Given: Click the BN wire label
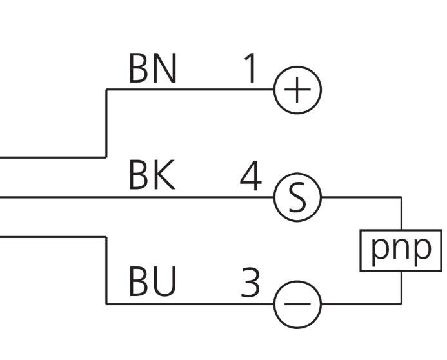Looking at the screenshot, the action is (x=153, y=68).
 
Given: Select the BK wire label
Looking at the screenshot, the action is (x=152, y=175).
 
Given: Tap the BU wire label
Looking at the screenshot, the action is (x=152, y=281).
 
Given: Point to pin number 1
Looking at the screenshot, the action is (x=250, y=68).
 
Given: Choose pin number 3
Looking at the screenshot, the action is (x=250, y=282).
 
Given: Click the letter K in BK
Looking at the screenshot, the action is (x=164, y=175).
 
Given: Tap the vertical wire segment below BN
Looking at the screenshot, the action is (x=106, y=123).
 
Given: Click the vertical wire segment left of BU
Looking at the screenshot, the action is (x=106, y=270).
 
